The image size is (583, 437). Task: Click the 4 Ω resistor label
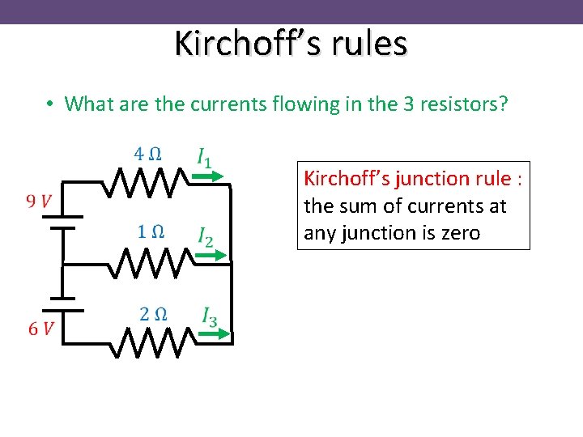[x=147, y=154]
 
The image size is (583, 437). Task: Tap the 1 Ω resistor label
[x=151, y=231]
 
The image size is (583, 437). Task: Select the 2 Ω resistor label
[x=154, y=314]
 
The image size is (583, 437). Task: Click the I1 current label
[x=205, y=156]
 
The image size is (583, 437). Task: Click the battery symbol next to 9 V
[x=63, y=222]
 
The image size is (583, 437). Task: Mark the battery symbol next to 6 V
[x=63, y=303]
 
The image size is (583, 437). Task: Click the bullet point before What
[x=50, y=104]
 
